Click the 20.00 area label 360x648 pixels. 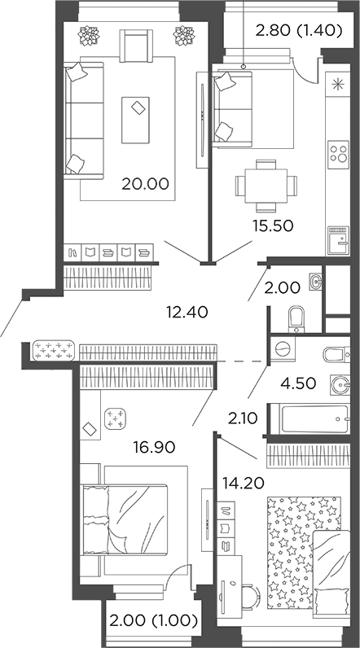145,184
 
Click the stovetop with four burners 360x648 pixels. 338,153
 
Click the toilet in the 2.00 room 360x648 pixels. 296,317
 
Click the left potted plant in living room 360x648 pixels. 87,35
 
